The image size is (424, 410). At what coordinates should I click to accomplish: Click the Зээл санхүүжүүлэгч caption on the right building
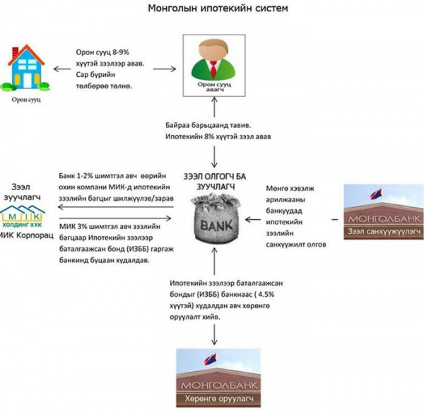[x=384, y=230]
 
